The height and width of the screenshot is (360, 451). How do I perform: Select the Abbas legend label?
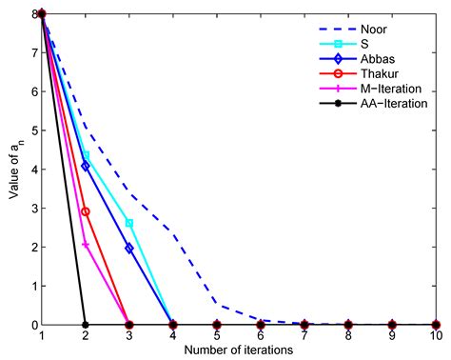pyautogui.click(x=378, y=59)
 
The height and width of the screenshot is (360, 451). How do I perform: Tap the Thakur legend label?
pyautogui.click(x=380, y=73)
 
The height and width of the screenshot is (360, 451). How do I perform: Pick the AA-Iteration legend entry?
pyautogui.click(x=373, y=103)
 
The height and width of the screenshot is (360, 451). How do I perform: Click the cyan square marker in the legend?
pyautogui.click(x=338, y=44)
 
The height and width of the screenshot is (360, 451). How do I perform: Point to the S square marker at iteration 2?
pyautogui.click(x=86, y=155)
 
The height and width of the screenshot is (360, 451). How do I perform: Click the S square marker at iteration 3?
pyautogui.click(x=129, y=223)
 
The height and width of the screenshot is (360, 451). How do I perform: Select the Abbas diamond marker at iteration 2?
pyautogui.click(x=86, y=166)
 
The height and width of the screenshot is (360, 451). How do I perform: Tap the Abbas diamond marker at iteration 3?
pyautogui.click(x=129, y=249)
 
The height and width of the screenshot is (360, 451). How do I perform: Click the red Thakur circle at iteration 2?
pyautogui.click(x=86, y=211)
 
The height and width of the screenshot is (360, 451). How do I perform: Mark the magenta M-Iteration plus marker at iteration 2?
pyautogui.click(x=86, y=245)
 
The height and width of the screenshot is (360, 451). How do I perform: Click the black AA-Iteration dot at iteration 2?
pyautogui.click(x=86, y=325)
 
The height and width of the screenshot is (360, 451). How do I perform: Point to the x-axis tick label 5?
pyautogui.click(x=217, y=335)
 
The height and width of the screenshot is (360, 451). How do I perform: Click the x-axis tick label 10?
pyautogui.click(x=436, y=335)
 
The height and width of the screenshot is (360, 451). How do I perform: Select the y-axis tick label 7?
pyautogui.click(x=34, y=52)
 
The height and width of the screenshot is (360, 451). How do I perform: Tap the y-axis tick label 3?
pyautogui.click(x=34, y=209)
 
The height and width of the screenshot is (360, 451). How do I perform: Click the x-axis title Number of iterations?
pyautogui.click(x=239, y=350)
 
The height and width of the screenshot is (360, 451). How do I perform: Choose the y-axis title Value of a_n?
pyautogui.click(x=14, y=170)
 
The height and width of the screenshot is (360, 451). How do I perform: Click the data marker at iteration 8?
pyautogui.click(x=348, y=325)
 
